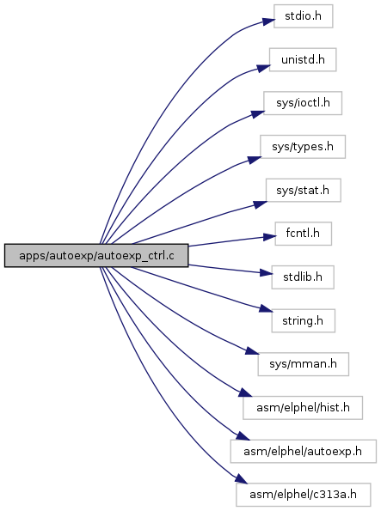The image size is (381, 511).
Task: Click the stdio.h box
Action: [x=303, y=16]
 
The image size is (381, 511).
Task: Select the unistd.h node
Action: [x=303, y=59]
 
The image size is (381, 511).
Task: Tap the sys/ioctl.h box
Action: [x=303, y=103]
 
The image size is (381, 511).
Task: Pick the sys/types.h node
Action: [x=303, y=147]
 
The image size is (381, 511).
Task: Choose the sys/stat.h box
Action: [x=304, y=190]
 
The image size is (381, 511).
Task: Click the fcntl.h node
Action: [x=304, y=234]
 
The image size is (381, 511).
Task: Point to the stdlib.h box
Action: [x=303, y=277]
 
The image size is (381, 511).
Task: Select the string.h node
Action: [x=304, y=320]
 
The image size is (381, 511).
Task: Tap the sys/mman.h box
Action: [x=304, y=364]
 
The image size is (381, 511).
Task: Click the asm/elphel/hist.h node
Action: [x=303, y=408]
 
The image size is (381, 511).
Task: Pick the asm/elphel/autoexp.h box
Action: [x=304, y=451]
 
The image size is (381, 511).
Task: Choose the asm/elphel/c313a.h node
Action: [x=304, y=495]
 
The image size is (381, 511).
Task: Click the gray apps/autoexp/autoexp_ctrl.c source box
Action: [x=96, y=256]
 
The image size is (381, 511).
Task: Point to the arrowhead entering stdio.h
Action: [x=268, y=21]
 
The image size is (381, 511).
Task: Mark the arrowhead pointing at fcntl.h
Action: [x=269, y=237]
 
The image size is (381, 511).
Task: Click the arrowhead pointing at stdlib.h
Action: [x=266, y=272]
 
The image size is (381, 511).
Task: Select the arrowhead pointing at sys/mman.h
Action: [x=252, y=351]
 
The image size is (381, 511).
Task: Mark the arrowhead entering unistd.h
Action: [x=264, y=68]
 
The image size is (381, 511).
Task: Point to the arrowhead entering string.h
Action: [x=266, y=308]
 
